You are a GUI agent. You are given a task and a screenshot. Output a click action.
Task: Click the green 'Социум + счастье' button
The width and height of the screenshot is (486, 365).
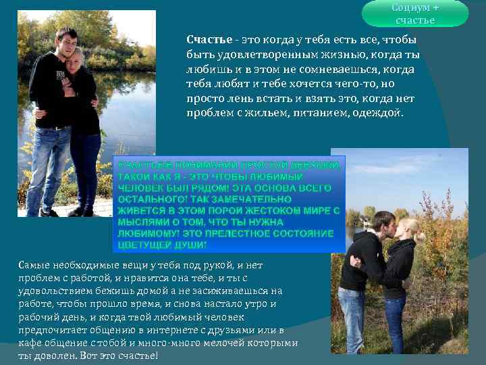pos(414,14)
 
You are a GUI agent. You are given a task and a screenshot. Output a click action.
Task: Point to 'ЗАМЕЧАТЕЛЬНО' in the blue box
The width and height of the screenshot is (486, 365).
pos(234,199)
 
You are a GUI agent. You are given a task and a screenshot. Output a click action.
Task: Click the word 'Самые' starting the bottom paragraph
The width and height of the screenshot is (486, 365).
pos(32,266)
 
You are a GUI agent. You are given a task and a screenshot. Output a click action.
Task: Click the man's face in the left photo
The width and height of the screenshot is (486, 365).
pos(65,42)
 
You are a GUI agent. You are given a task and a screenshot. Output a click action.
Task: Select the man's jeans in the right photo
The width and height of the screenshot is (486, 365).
pos(352,318)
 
